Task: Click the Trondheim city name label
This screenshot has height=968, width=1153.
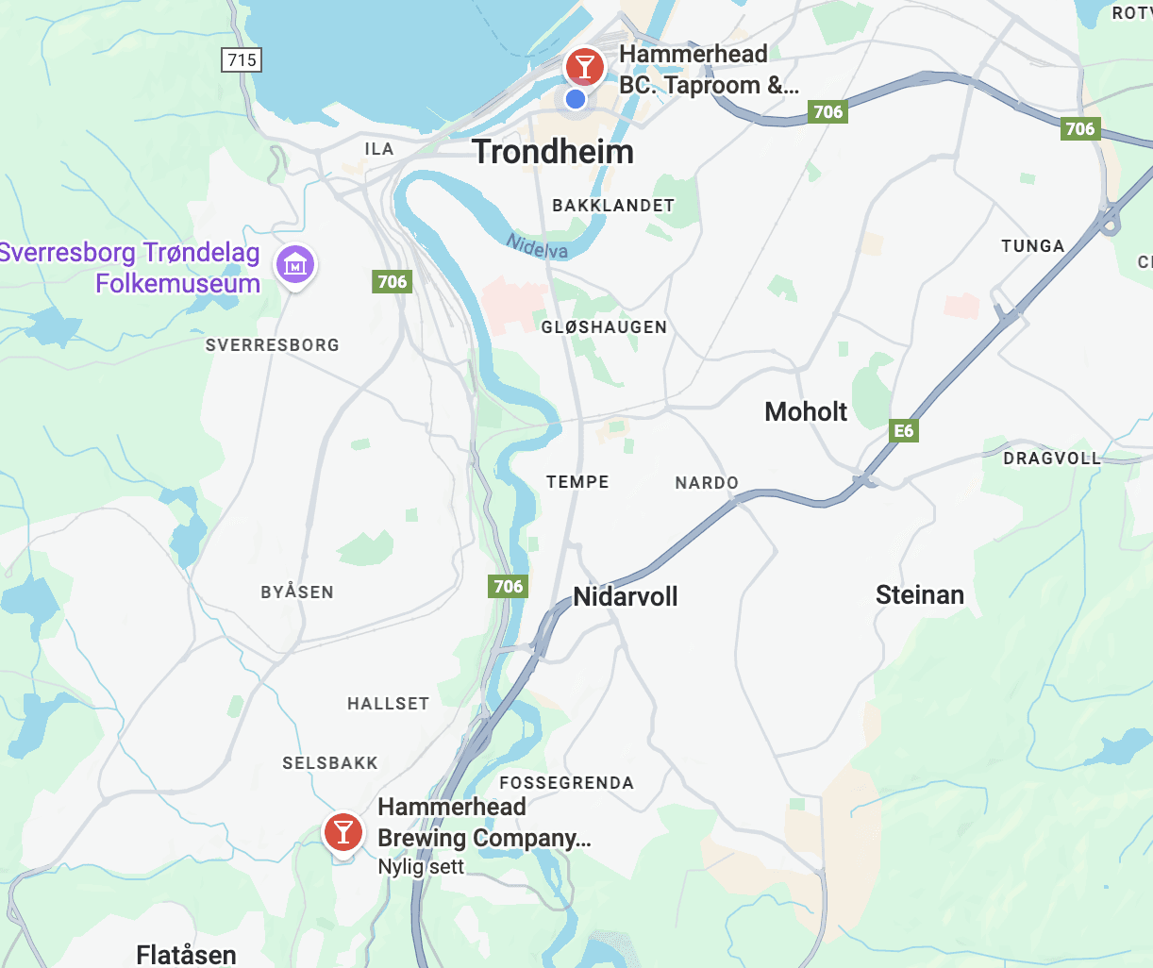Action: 553,152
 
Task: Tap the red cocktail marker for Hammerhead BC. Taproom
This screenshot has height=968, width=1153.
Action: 585,67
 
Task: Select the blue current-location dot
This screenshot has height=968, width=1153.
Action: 576,99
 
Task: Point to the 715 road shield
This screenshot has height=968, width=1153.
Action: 242,60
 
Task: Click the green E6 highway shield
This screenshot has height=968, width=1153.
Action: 903,431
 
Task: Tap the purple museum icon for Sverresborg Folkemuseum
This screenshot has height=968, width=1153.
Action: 295,265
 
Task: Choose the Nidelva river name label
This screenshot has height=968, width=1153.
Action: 538,246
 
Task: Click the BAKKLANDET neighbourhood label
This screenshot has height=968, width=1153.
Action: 613,206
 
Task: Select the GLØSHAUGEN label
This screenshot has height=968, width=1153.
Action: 604,327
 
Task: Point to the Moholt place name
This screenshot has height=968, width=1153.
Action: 806,412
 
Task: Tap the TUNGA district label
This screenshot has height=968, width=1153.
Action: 1032,246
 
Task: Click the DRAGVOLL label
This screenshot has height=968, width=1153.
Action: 1052,459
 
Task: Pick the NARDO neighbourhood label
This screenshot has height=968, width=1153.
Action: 707,483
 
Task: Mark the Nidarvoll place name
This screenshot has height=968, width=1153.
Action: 626,597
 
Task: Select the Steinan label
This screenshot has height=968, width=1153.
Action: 920,595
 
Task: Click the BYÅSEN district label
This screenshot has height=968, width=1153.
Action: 297,592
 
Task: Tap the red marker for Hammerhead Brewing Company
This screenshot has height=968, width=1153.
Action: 343,832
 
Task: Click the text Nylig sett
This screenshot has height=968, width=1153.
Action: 421,867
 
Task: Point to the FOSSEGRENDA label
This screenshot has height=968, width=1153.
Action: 566,783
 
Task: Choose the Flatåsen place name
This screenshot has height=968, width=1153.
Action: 186,955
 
